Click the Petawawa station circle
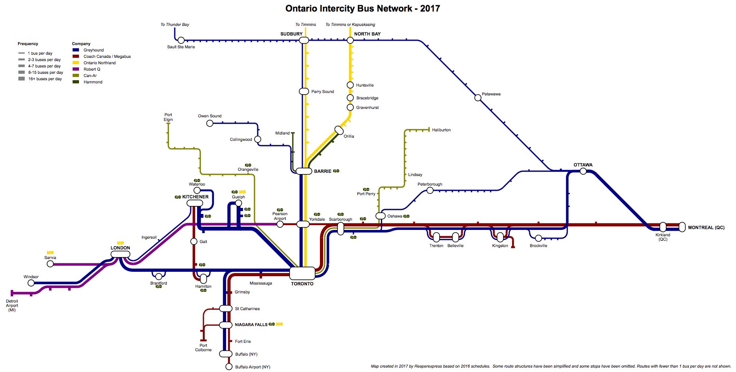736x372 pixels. pyautogui.click(x=478, y=98)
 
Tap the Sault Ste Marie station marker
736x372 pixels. pyautogui.click(x=181, y=40)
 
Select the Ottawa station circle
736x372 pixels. pyautogui.click(x=583, y=171)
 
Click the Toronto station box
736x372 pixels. pyautogui.click(x=302, y=273)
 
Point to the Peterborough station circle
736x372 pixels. pyautogui.click(x=430, y=190)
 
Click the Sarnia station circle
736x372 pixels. pyautogui.click(x=50, y=264)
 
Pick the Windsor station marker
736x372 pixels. pyautogui.click(x=31, y=283)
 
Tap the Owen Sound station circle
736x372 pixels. pyautogui.click(x=210, y=123)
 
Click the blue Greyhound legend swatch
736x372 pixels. pyautogui.click(x=76, y=50)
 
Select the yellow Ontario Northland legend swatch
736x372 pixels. pyautogui.click(x=76, y=63)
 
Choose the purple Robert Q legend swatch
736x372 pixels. pyautogui.click(x=76, y=69)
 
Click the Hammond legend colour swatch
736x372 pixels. pyautogui.click(x=76, y=82)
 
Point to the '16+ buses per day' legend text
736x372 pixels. pyautogui.click(x=45, y=79)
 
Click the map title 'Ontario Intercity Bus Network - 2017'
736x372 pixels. pyautogui.click(x=362, y=9)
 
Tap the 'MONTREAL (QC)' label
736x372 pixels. pyautogui.click(x=706, y=228)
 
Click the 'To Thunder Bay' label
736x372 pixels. pyautogui.click(x=175, y=25)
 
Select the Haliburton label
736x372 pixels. pyautogui.click(x=441, y=130)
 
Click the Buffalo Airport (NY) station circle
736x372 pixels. pyautogui.click(x=229, y=366)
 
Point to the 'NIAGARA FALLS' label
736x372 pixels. pyautogui.click(x=251, y=325)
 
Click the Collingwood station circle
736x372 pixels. pyautogui.click(x=258, y=139)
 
